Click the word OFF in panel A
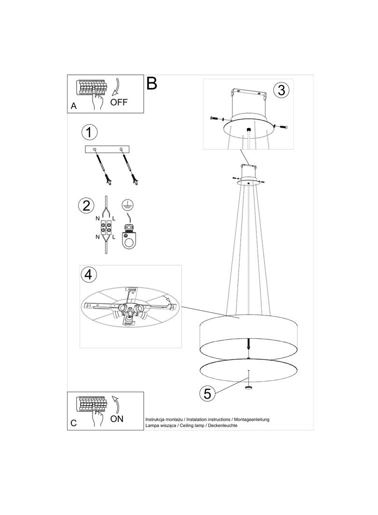tap(119, 102)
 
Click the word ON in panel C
tap(117, 419)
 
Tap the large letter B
tap(152, 84)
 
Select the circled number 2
tap(86, 206)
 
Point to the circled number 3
tap(281, 90)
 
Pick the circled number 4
tap(89, 274)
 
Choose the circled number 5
tap(207, 393)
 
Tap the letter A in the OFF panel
tap(74, 106)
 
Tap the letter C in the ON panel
tap(73, 423)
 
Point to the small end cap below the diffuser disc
tap(248, 387)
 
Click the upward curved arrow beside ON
tap(116, 404)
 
